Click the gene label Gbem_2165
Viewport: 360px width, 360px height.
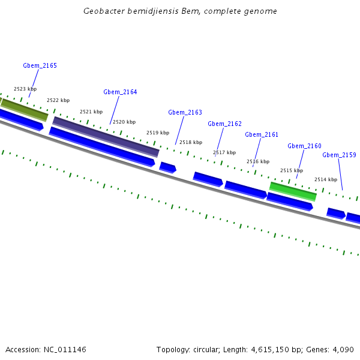click(x=40, y=65)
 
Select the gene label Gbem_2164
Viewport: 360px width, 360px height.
click(x=120, y=92)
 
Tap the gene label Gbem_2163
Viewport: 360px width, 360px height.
click(x=185, y=112)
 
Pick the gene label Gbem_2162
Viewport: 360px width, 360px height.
click(x=224, y=124)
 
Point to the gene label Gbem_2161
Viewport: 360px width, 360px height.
click(x=262, y=134)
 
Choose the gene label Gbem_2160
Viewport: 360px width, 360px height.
click(x=304, y=146)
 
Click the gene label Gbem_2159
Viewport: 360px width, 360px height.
click(x=339, y=155)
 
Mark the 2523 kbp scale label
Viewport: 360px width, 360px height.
click(x=25, y=89)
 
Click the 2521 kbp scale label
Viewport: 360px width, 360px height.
click(x=91, y=112)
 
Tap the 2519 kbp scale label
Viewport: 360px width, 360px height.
click(x=158, y=133)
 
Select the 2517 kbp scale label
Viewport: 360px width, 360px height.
click(x=224, y=152)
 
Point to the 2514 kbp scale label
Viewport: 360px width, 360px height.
click(x=326, y=179)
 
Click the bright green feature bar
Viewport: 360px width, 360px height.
click(x=293, y=191)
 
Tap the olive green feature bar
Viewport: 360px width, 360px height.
click(x=24, y=109)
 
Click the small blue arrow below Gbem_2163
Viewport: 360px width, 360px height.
click(x=167, y=167)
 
